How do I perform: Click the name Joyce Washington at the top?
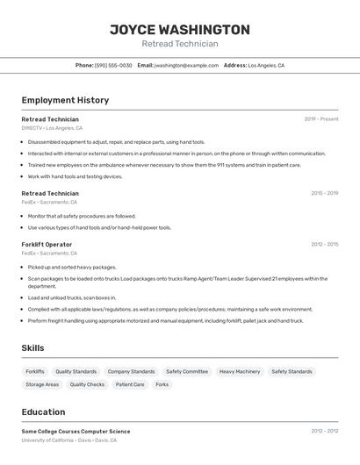coord(179,29)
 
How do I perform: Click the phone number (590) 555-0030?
coord(113,65)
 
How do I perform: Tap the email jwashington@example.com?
coord(186,65)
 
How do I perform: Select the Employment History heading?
coord(65,100)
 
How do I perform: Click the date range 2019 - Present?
coord(320,118)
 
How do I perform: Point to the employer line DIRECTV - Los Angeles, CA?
coord(55,128)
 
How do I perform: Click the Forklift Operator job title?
coord(47,244)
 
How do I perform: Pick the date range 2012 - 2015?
coord(324,244)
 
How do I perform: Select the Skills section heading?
coord(32,348)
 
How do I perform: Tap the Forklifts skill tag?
coord(35,371)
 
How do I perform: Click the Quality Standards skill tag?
coord(76,371)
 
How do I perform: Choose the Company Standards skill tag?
coord(131,371)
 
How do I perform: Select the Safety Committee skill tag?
coord(187,371)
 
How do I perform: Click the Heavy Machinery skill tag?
coord(240,371)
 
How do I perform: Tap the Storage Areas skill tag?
coord(42,384)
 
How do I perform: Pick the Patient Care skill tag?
coord(130,384)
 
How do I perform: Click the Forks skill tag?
coord(162,384)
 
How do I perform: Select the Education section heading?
coord(43,411)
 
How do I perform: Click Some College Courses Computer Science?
coord(76,431)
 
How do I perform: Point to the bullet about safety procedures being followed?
coord(82,216)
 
